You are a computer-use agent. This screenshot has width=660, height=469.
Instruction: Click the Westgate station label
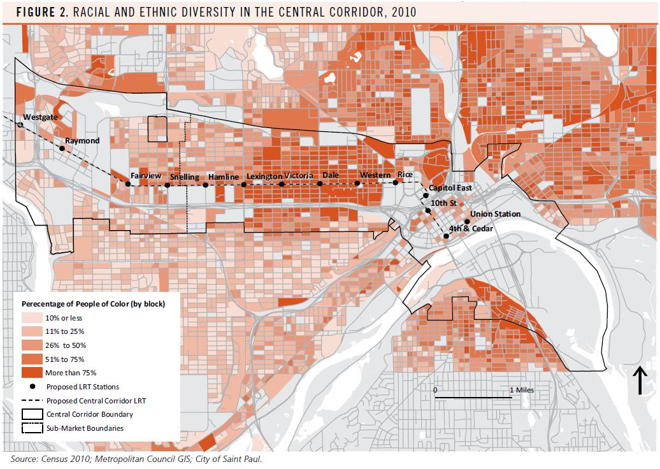point(40,118)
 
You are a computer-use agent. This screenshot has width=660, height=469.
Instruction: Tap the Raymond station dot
point(62,148)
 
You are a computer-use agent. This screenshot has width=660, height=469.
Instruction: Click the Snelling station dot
point(167,185)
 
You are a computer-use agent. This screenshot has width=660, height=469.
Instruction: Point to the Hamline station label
point(223,177)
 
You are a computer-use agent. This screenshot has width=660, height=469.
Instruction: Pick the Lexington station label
point(264,176)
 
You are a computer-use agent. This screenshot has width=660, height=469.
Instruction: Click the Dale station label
point(330,175)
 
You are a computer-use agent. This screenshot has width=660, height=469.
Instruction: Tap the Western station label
point(375,175)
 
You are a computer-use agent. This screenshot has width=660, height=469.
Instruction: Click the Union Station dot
point(467,222)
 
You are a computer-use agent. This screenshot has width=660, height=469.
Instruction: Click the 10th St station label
point(444,203)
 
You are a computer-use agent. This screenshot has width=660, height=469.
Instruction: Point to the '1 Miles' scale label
point(521,389)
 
